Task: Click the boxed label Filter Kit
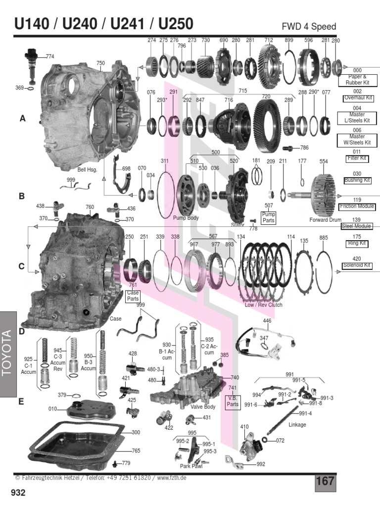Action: pos(357,158)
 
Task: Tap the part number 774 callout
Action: pos(50,56)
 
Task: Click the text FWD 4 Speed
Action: pos(309,27)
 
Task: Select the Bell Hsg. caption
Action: pos(88,170)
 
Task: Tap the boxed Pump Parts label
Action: pos(269,217)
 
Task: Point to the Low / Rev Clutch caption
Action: pos(263,305)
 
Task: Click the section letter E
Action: pos(21,402)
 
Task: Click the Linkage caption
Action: pos(297,425)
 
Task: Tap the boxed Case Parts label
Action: pos(133,296)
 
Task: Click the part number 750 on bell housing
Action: pos(100,63)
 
